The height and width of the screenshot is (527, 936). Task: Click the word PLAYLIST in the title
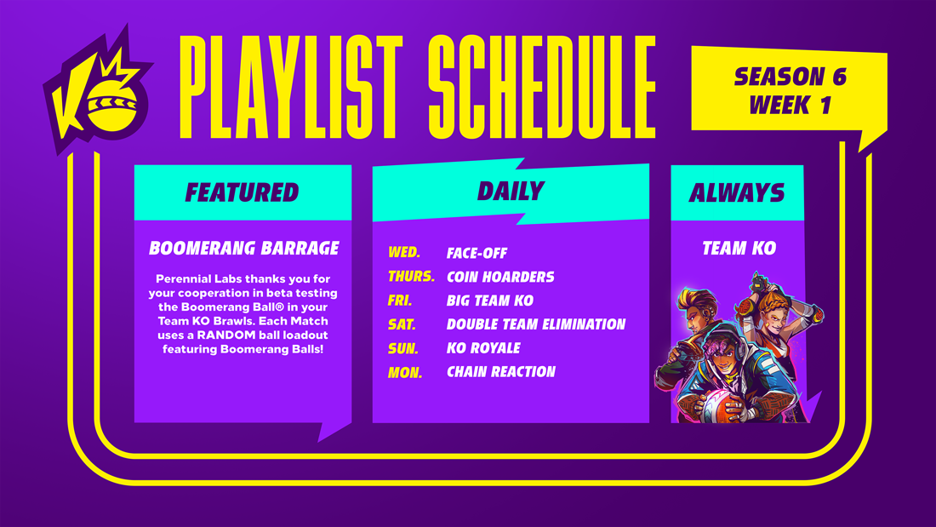pos(292,86)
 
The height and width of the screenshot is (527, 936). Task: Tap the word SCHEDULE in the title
pos(542,86)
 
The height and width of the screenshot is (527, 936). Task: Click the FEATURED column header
pos(243,192)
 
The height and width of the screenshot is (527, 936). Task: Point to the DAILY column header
pos(511,192)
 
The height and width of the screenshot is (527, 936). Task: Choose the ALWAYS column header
pos(737,192)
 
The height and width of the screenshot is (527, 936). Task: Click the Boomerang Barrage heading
pos(244,248)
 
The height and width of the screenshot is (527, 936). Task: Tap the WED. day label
pos(404,252)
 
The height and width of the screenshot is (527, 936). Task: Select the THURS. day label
pos(411,276)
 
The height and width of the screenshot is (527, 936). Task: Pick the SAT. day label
pos(402,324)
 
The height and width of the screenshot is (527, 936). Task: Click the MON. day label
pos(405,373)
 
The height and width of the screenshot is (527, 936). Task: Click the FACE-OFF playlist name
pos(477,253)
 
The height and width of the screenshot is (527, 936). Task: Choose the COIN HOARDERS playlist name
pos(500,277)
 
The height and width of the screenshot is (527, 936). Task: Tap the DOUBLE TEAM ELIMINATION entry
pos(536,324)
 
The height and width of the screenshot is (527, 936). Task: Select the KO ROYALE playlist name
pos(483,347)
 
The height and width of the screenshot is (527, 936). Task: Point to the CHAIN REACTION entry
pos(501,372)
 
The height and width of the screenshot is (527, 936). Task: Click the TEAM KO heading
pos(739,248)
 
